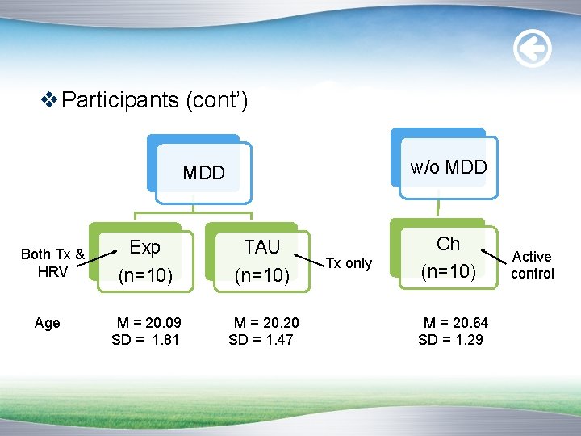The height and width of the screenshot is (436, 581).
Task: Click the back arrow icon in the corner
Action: tap(533, 50)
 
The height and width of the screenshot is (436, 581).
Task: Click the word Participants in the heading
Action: tap(120, 100)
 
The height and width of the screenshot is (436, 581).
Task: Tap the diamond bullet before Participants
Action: tap(49, 100)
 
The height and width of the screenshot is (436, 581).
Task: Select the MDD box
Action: tap(203, 172)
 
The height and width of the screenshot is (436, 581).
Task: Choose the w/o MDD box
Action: tap(448, 167)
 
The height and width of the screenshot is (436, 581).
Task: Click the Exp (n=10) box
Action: tap(145, 261)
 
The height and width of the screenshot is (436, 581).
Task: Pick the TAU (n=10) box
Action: tap(261, 261)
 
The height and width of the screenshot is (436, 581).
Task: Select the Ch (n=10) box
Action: tap(448, 258)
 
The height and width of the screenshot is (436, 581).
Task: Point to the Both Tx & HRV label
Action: tap(52, 263)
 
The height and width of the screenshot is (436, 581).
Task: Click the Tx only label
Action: tap(349, 263)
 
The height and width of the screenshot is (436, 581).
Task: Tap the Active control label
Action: tap(533, 265)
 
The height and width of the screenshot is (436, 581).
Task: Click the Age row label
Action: tap(48, 323)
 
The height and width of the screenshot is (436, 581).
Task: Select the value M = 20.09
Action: tap(149, 323)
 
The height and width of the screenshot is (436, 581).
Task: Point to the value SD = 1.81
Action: tap(145, 339)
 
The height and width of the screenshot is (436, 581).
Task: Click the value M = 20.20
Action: tap(265, 323)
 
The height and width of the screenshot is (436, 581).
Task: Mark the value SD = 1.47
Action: tap(261, 339)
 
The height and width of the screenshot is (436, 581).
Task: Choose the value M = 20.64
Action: tap(455, 323)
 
